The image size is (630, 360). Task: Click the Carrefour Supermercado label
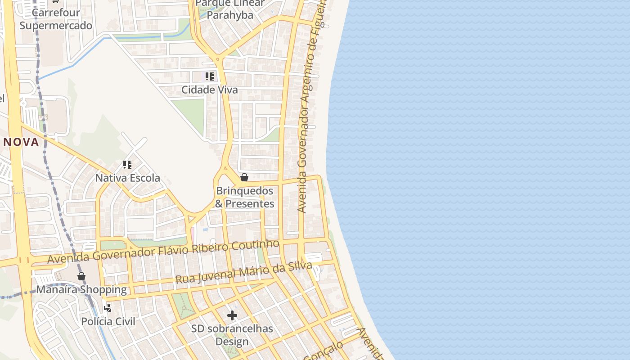tap(56, 19)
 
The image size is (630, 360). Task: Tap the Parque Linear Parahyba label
tap(230, 9)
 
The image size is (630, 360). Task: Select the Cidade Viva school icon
tap(209, 76)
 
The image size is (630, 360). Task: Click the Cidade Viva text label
tap(209, 90)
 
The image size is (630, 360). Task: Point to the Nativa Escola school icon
tap(127, 165)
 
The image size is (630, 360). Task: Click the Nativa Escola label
tap(127, 178)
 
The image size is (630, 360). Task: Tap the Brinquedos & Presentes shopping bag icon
tap(244, 177)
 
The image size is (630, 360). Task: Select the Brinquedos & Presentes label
tap(244, 197)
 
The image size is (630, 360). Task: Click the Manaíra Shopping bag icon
tap(81, 276)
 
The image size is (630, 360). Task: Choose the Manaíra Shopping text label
tap(81, 289)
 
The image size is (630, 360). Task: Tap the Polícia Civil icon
tap(108, 308)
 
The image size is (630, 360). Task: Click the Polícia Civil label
tap(108, 321)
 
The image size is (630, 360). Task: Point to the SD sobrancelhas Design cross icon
tap(232, 315)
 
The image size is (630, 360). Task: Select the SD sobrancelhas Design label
tap(232, 335)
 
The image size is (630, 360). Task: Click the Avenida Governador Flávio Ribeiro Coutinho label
tap(163, 252)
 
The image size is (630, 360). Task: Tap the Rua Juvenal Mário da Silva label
tap(243, 273)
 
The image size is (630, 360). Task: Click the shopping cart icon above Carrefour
tap(55, 1)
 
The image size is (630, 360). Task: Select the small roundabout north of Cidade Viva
tap(218, 59)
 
